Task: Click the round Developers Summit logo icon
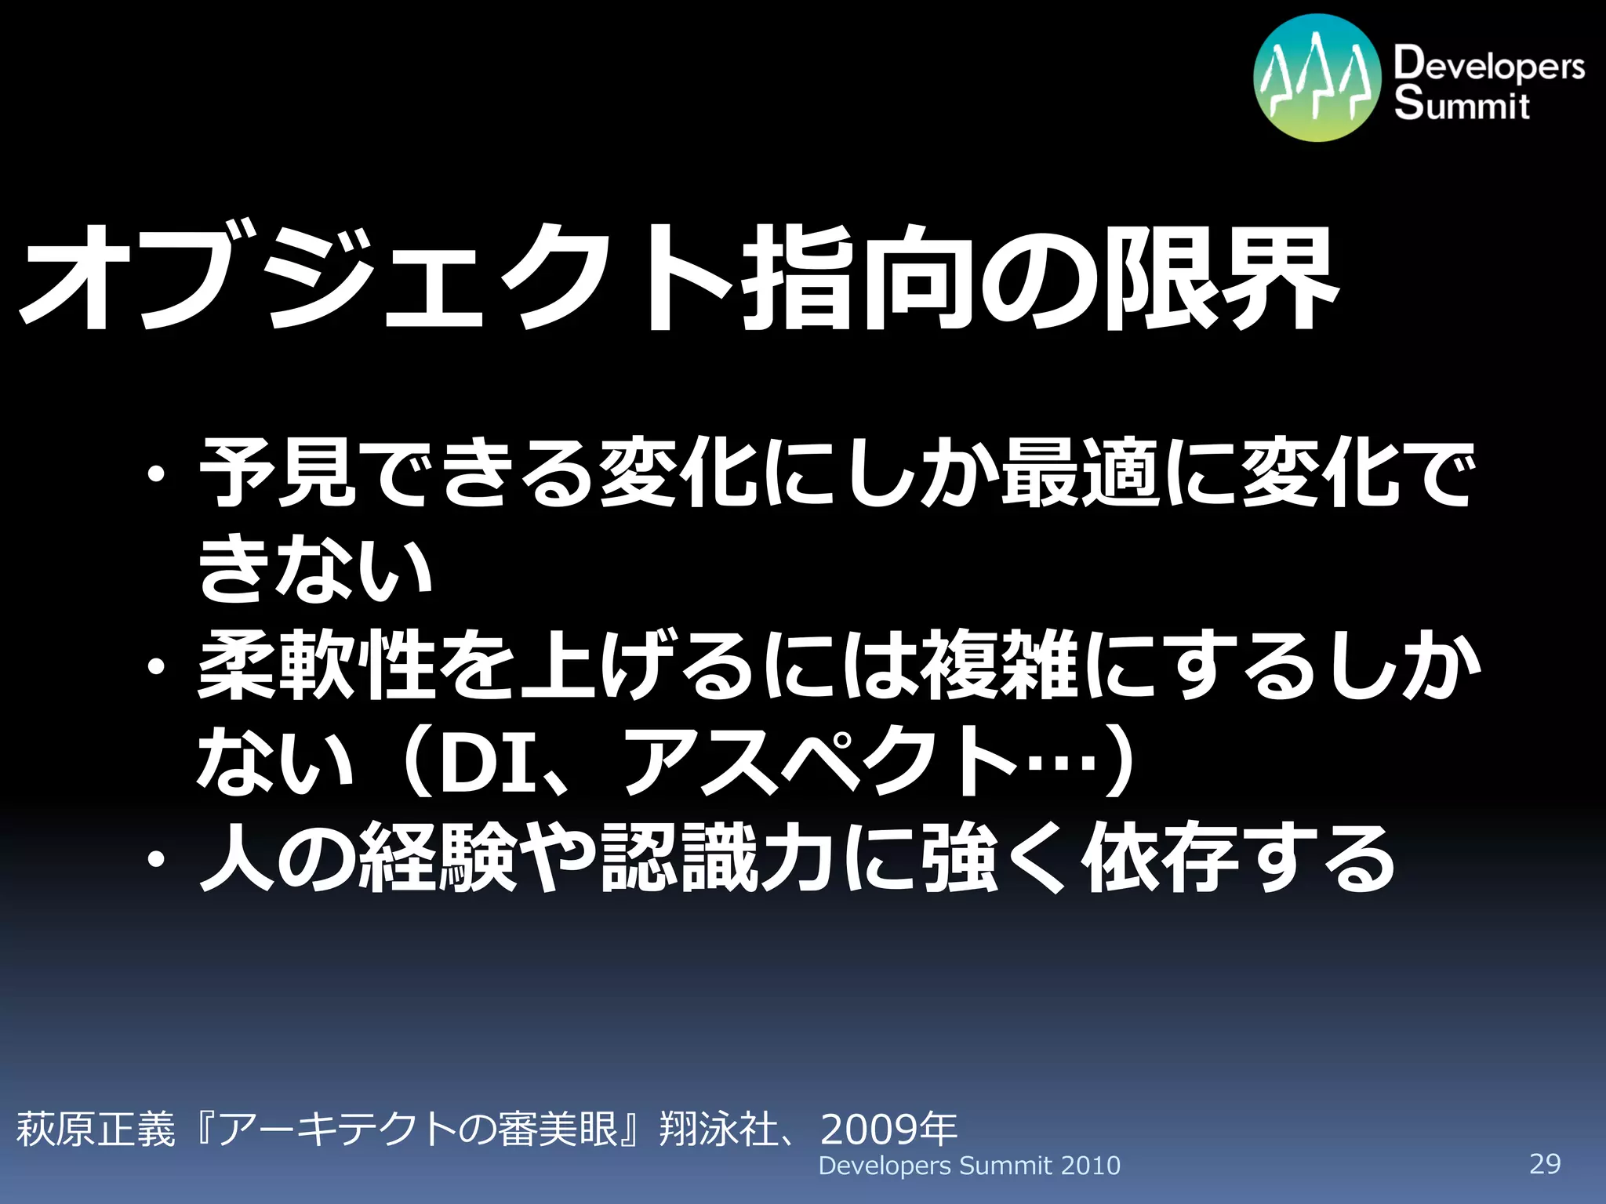click(1317, 78)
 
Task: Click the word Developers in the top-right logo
click(1488, 64)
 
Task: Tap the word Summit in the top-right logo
click(1462, 104)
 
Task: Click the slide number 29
click(1545, 1163)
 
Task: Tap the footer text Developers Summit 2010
click(969, 1166)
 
